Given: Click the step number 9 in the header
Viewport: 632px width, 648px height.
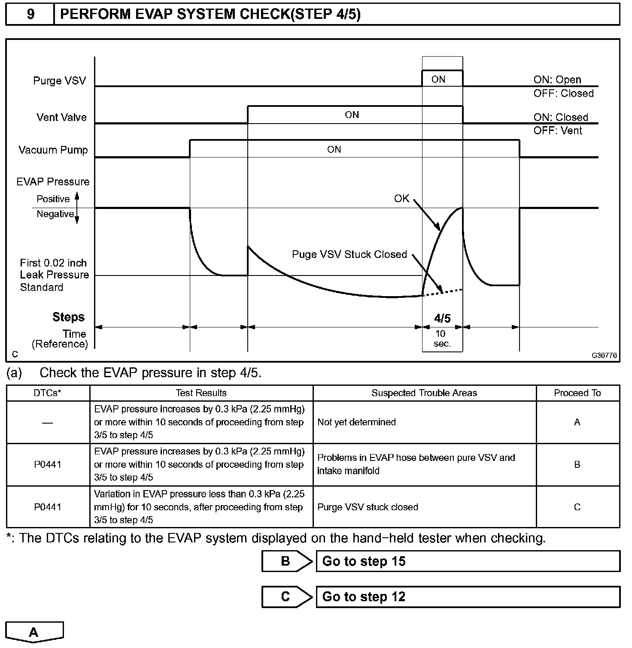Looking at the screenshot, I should click(x=30, y=14).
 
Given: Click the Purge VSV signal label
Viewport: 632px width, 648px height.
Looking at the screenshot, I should click(x=59, y=81).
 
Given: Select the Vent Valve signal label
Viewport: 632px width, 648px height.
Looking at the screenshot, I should click(x=61, y=117).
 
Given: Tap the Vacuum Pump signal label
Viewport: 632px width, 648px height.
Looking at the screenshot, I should click(x=53, y=150).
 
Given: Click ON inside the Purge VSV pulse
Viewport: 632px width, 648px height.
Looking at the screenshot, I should click(x=438, y=79).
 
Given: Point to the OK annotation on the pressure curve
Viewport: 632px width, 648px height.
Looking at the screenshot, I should click(x=402, y=199).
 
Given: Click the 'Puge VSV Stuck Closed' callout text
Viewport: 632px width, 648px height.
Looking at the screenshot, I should click(x=349, y=254).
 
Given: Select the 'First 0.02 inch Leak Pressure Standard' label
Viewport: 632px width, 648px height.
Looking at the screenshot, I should click(x=54, y=275).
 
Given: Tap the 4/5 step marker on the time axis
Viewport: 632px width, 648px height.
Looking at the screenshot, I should click(x=442, y=318).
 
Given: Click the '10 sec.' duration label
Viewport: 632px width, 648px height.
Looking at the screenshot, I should click(x=442, y=339).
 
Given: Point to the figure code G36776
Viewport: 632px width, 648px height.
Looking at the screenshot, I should click(x=604, y=355).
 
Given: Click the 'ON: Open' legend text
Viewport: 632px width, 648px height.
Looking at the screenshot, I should click(x=557, y=80).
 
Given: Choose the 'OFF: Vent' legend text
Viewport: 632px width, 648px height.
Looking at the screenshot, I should click(x=557, y=130).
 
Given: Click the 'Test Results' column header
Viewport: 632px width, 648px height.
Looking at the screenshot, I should click(x=201, y=393).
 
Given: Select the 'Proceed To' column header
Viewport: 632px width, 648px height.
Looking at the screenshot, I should click(x=577, y=393).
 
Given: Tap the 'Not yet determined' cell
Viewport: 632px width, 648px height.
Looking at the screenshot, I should click(x=356, y=422).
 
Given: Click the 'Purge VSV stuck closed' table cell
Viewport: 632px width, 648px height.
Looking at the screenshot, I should click(x=368, y=507).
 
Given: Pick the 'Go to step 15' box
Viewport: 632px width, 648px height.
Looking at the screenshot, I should click(x=468, y=561).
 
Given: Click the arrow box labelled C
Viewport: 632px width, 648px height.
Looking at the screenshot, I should click(x=286, y=597).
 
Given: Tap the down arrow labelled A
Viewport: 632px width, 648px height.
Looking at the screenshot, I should click(x=34, y=632).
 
